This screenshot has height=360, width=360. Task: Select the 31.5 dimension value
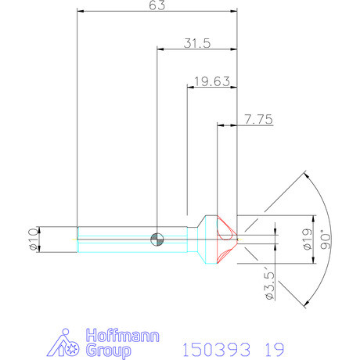click(197, 44)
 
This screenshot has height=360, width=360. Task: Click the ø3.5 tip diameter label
click(268, 286)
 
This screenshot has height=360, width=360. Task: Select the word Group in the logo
click(106, 350)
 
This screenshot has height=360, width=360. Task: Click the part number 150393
click(210, 347)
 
